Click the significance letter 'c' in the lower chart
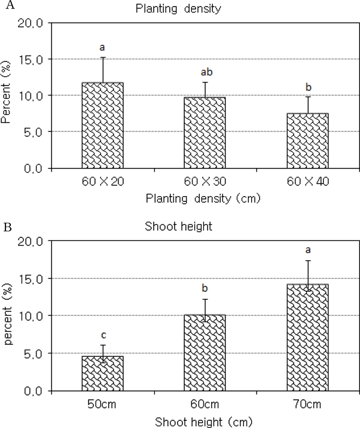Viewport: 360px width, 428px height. (x=102, y=336)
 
